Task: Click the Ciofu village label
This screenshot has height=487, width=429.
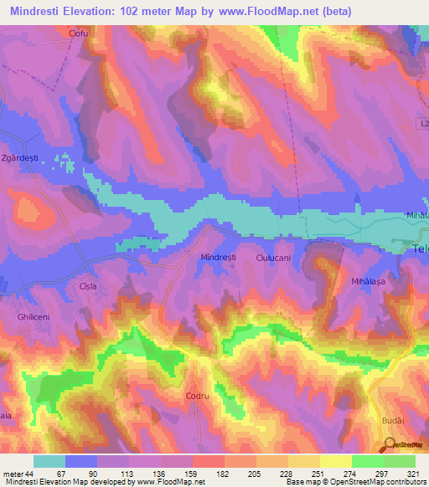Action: (x=79, y=34)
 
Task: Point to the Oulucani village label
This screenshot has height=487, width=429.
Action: (x=273, y=259)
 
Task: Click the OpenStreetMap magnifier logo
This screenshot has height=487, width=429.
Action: (x=390, y=444)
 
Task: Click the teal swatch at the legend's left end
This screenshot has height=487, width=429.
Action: (x=49, y=461)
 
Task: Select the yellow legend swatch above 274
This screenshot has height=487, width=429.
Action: (x=335, y=461)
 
